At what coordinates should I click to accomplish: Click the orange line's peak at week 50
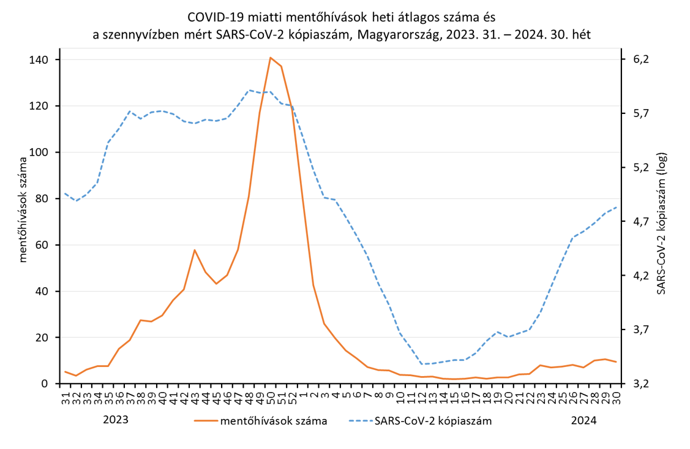tap(271, 58)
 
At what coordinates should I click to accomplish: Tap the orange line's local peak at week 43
tap(195, 250)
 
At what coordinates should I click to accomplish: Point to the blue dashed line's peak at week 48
tap(249, 90)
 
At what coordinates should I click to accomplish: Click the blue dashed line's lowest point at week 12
tap(422, 364)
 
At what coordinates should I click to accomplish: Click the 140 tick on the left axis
tap(44, 59)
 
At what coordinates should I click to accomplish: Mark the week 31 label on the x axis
tap(66, 395)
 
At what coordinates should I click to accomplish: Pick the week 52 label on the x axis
tap(292, 395)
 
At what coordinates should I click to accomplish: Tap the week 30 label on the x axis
tap(616, 395)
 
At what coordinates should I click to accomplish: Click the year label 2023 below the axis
tap(116, 420)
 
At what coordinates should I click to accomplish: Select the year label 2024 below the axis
tap(583, 420)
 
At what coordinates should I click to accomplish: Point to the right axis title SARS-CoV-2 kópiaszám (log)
tap(662, 223)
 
